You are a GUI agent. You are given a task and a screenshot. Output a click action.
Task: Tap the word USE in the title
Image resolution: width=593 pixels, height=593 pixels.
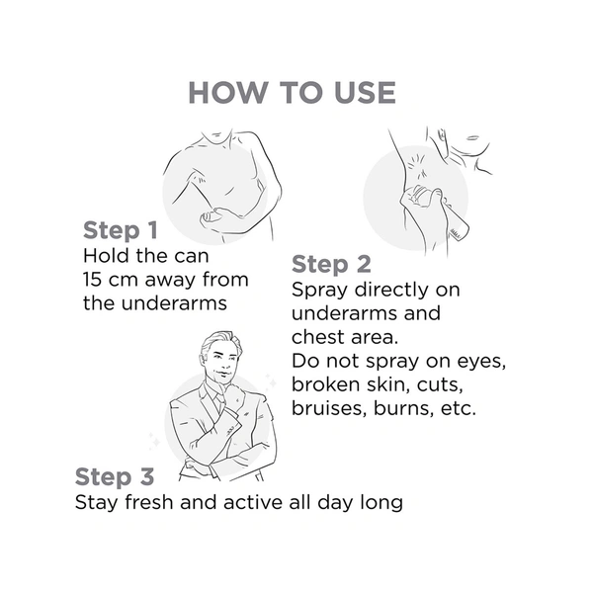coord(365,93)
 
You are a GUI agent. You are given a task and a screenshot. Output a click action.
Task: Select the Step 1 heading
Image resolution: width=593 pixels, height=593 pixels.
coord(121,230)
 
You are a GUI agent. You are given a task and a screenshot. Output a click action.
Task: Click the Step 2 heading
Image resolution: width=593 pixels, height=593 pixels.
coord(331,264)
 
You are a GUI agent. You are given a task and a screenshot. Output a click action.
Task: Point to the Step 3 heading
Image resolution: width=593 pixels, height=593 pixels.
coord(115,476)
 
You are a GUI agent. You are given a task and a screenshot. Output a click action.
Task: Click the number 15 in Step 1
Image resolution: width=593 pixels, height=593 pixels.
coord(92,280)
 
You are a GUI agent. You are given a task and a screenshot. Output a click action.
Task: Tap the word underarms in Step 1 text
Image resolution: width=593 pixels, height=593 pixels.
coord(174,303)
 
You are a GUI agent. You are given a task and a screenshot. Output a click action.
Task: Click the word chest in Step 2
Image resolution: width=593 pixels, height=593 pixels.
coord(317,337)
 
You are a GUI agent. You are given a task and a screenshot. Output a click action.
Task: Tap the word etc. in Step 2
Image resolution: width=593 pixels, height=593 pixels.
coord(459,408)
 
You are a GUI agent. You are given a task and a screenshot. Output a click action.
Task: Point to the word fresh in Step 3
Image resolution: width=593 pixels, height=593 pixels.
coord(149,503)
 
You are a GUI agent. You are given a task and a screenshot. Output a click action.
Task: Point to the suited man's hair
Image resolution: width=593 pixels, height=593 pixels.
coord(218,342)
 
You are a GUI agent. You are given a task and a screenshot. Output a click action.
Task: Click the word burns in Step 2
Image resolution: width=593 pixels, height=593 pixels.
coord(403,408)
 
